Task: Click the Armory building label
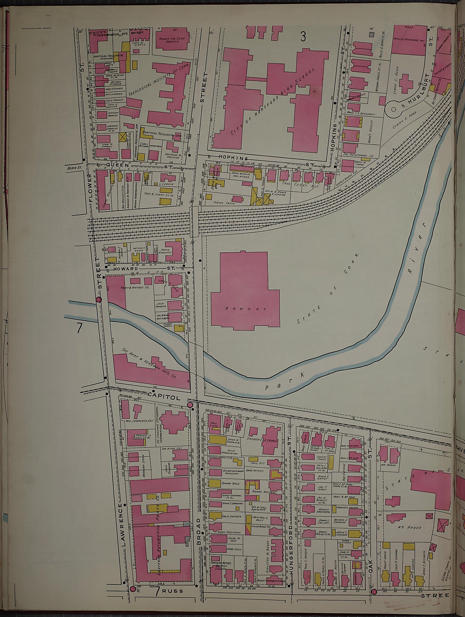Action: (246, 309)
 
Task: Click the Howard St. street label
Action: (126, 269)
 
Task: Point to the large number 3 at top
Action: (303, 37)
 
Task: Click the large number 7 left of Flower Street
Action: (80, 328)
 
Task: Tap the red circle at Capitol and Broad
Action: (190, 405)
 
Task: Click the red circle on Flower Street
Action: (99, 299)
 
